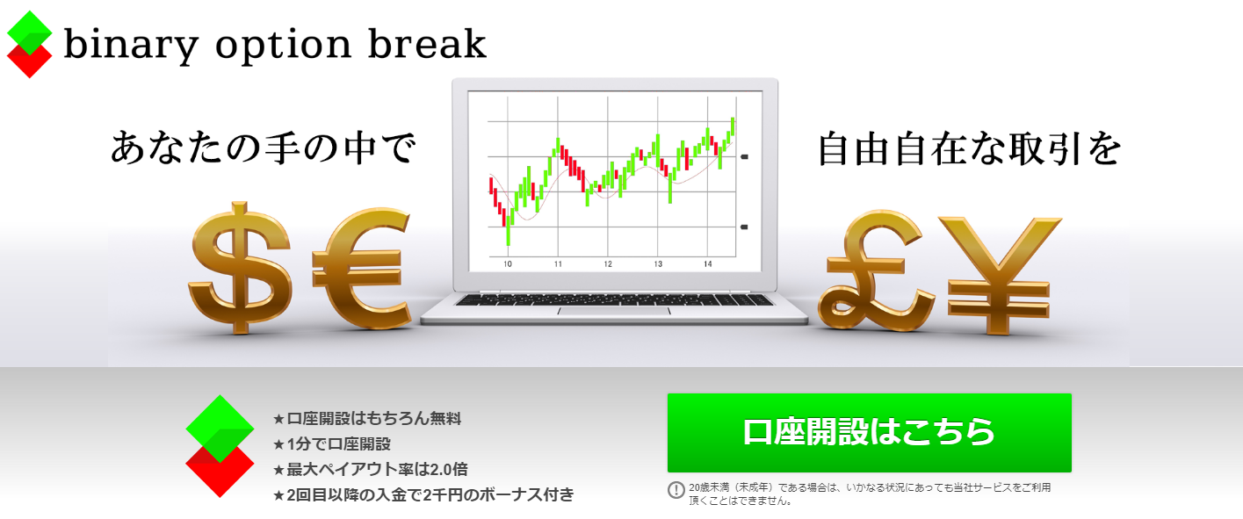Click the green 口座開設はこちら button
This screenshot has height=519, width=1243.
[869, 432]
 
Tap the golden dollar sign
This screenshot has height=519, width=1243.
[240, 267]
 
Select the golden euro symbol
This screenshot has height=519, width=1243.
[362, 269]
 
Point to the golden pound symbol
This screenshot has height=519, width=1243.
[877, 270]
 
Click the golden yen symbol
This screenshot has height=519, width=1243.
[1000, 276]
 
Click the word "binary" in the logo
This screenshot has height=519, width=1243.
[131, 45]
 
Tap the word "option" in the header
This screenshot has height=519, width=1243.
[283, 46]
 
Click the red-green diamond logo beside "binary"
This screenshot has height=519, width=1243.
[29, 45]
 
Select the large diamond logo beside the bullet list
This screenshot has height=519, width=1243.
[220, 446]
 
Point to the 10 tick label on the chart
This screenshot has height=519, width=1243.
[507, 264]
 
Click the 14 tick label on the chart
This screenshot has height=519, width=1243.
[707, 264]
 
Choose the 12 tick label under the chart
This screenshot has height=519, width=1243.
[608, 264]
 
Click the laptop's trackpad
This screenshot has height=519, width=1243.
[614, 311]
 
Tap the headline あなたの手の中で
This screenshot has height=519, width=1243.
[264, 148]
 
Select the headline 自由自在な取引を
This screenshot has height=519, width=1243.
[970, 148]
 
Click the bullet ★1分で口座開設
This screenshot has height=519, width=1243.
[332, 444]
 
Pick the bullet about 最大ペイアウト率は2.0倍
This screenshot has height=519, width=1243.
[370, 470]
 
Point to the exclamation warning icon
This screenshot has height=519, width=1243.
[676, 490]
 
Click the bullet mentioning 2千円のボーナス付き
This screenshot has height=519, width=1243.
[423, 494]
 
